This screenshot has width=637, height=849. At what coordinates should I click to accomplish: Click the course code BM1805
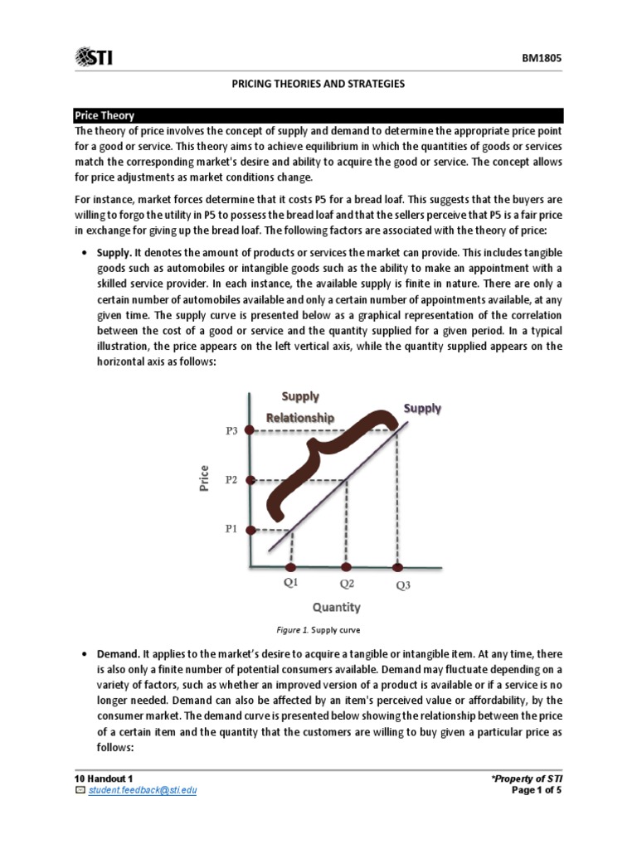543,59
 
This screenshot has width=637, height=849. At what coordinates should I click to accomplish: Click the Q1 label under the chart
290,583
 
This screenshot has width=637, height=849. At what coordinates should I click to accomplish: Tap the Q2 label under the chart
346,583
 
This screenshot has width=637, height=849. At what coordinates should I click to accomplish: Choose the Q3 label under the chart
402,585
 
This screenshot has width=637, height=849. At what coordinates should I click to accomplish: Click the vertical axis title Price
205,477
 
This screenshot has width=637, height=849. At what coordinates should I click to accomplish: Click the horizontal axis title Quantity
336,608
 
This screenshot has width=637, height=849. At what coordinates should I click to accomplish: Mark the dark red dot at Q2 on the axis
346,568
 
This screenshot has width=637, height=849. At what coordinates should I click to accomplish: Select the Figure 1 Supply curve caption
318,631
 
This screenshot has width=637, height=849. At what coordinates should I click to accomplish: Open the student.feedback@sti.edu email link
142,790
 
